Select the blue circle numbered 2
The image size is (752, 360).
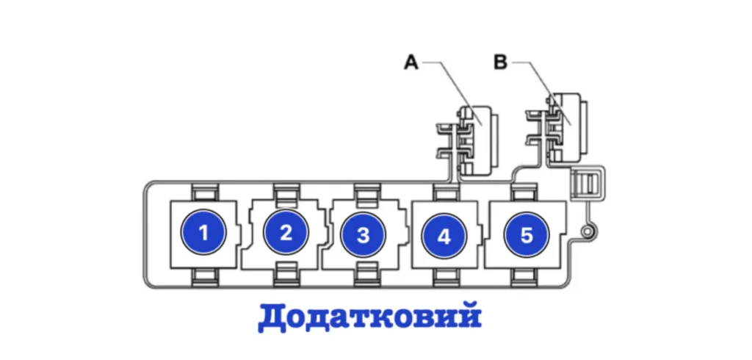tap(286, 234)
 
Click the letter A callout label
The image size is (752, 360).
tap(411, 63)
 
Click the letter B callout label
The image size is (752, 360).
tap(500, 63)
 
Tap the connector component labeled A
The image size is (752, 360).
tap(474, 140)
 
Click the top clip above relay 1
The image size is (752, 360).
tap(205, 192)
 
